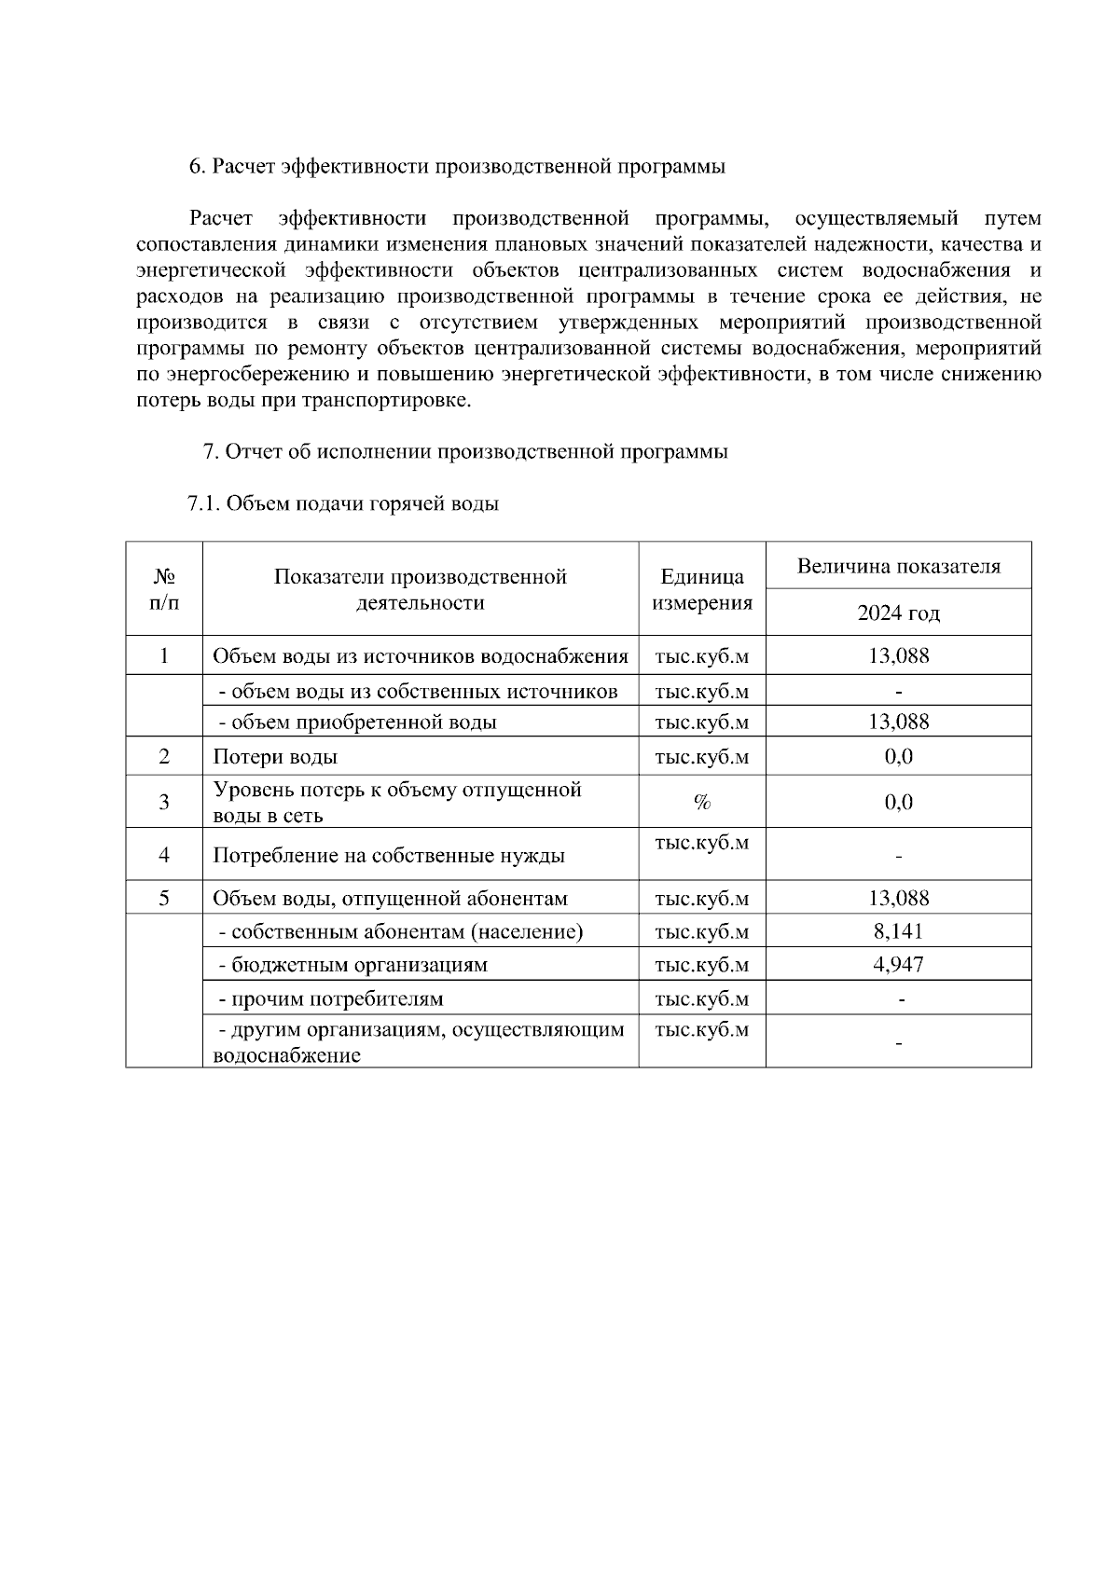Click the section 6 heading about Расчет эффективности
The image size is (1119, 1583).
[457, 167]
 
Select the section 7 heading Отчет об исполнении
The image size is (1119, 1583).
[465, 452]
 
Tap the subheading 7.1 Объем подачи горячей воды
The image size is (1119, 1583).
[343, 504]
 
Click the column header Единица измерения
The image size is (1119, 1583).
[702, 589]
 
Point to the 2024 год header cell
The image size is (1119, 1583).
[898, 613]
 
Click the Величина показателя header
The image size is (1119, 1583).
[898, 566]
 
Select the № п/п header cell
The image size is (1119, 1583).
[164, 589]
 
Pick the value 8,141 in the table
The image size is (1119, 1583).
[898, 931]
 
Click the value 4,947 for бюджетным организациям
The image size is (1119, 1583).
[898, 965]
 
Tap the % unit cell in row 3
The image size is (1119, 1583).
[702, 803]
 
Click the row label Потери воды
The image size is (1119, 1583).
[275, 757]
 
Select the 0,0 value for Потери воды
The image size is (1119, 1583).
[898, 757]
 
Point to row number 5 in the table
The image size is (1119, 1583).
[164, 899]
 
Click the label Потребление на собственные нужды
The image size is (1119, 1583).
[389, 856]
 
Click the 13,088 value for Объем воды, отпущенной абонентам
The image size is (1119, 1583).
[898, 899]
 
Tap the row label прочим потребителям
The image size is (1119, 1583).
[331, 999]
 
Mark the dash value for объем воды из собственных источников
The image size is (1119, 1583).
[898, 692]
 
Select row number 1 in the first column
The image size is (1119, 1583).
[164, 656]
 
